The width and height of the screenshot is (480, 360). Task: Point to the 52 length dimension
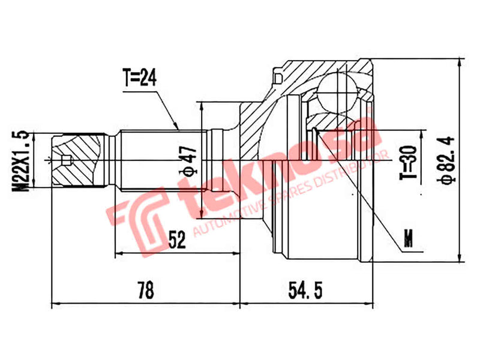[x=177, y=241]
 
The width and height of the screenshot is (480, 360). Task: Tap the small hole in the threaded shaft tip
[x=66, y=160]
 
